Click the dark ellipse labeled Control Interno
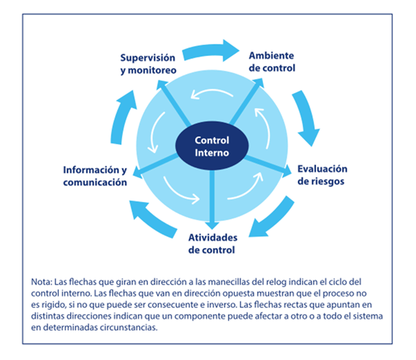pyautogui.click(x=212, y=146)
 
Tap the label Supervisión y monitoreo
pyautogui.click(x=148, y=64)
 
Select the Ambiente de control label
pyautogui.click(x=272, y=62)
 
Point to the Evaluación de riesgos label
pyautogui.click(x=322, y=175)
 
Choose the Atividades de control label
pyautogui.click(x=213, y=244)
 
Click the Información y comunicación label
pyautogui.click(x=95, y=176)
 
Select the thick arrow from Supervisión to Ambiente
pyautogui.click(x=211, y=51)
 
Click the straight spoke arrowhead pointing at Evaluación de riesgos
pyautogui.click(x=286, y=171)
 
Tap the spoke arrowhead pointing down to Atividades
pyautogui.click(x=212, y=226)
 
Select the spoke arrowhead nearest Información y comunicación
pyautogui.click(x=137, y=172)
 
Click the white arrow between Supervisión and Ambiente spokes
pyautogui.click(x=211, y=93)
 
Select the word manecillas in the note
pyautogui.click(x=228, y=282)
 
